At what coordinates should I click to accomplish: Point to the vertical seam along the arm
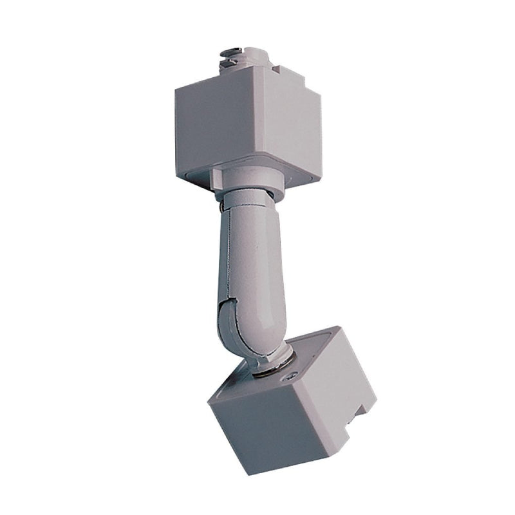[227, 257]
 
